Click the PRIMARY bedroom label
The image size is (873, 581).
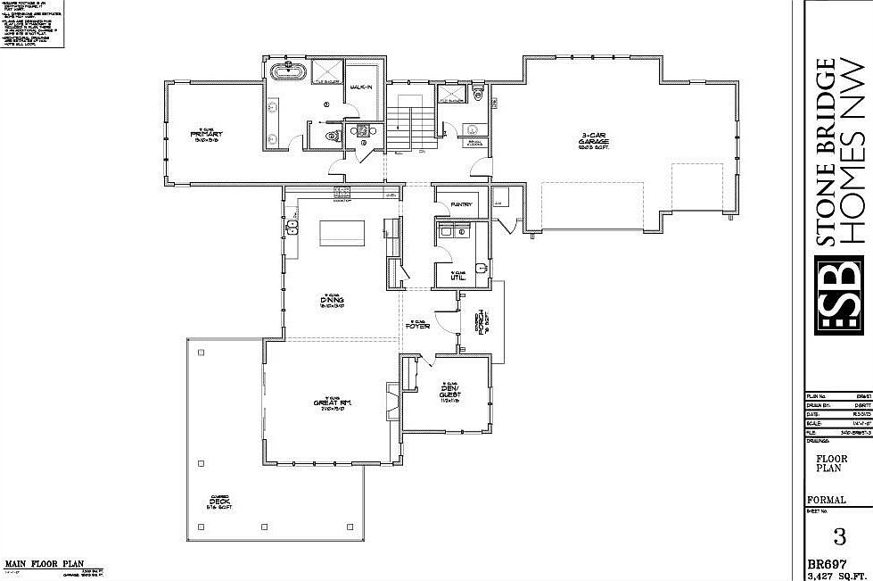click(204, 137)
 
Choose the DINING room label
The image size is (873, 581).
click(333, 300)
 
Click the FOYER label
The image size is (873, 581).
click(419, 326)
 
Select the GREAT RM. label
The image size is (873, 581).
click(333, 403)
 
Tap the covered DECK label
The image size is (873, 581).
click(219, 503)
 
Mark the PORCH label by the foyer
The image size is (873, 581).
click(479, 321)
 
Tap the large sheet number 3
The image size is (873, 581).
click(838, 536)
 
